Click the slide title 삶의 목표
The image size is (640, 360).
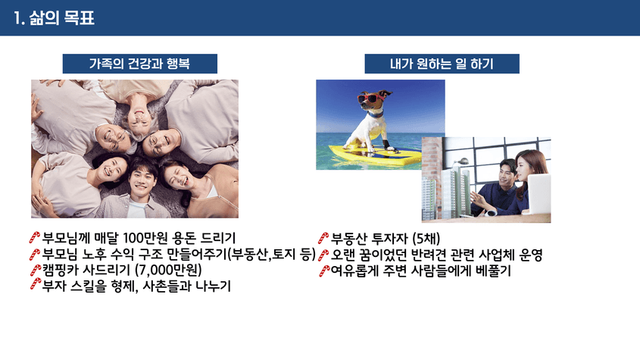(61, 18)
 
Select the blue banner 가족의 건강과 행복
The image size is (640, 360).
(139, 64)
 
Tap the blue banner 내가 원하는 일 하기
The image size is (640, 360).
(442, 64)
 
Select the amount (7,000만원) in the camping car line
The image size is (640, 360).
(168, 270)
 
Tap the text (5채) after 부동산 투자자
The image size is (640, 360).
(426, 238)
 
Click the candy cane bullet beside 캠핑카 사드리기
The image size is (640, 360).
(35, 270)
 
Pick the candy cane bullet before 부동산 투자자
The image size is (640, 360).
(323, 238)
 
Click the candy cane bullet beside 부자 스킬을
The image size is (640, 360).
(35, 284)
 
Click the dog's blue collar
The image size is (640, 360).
(376, 114)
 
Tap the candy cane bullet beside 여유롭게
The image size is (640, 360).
(324, 271)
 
